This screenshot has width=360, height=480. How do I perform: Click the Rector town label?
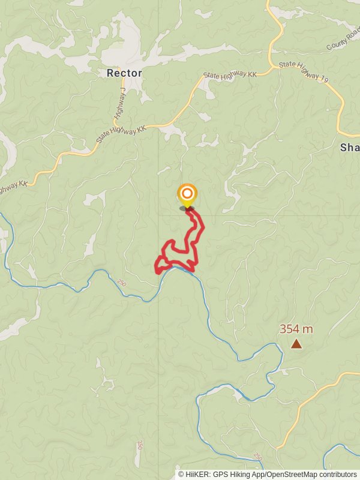pyautogui.click(x=124, y=73)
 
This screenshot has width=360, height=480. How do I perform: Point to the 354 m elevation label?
pyautogui.click(x=296, y=329)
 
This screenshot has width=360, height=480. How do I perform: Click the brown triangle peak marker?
pyautogui.click(x=296, y=344)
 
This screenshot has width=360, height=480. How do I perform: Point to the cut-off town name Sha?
pyautogui.click(x=349, y=147)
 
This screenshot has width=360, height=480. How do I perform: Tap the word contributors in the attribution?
pyautogui.click(x=337, y=474)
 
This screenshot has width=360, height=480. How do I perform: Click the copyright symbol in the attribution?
pyautogui.click(x=181, y=474)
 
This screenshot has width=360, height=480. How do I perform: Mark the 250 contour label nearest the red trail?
pyautogui.click(x=123, y=283)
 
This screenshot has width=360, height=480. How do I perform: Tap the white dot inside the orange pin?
pyautogui.click(x=187, y=193)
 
